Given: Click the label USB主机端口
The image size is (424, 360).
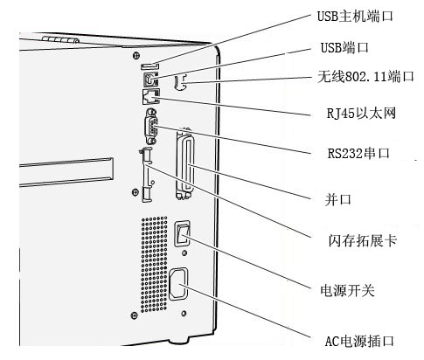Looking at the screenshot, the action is pyautogui.click(x=355, y=16).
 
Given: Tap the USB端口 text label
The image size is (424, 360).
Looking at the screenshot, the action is pyautogui.click(x=344, y=47).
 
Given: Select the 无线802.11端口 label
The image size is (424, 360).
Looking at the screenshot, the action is pyautogui.click(x=366, y=77).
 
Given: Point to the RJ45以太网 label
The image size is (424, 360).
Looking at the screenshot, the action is pyautogui.click(x=361, y=113).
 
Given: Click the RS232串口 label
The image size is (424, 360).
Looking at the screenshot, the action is pyautogui.click(x=358, y=153).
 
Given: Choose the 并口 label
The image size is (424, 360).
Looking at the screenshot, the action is pyautogui.click(x=338, y=199).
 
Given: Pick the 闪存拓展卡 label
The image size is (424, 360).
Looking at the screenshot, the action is pyautogui.click(x=363, y=241).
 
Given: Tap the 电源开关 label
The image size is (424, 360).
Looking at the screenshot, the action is pyautogui.click(x=347, y=290).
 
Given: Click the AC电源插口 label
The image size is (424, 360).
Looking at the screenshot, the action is pyautogui.click(x=359, y=341).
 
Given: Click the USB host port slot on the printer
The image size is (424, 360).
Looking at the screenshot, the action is pyautogui.click(x=149, y=66).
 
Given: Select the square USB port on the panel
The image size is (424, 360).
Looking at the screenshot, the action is pyautogui.click(x=150, y=79).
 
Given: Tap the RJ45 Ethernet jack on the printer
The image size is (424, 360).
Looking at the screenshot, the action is pyautogui.click(x=151, y=96).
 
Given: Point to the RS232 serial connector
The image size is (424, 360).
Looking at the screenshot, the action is pyautogui.click(x=151, y=126).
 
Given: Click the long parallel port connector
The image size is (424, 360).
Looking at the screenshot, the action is pyautogui.click(x=184, y=163).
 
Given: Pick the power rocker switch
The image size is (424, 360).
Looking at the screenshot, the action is pyautogui.click(x=182, y=233).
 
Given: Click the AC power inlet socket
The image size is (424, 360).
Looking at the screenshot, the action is pyautogui.click(x=178, y=284).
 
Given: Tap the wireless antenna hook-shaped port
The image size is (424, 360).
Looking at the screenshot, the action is pyautogui.click(x=179, y=82).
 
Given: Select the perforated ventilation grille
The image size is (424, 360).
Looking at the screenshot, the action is pyautogui.click(x=154, y=264).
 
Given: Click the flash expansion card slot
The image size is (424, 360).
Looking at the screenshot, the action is pyautogui.click(x=146, y=175).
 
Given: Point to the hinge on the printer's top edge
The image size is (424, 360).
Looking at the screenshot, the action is pyautogui.click(x=60, y=39).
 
